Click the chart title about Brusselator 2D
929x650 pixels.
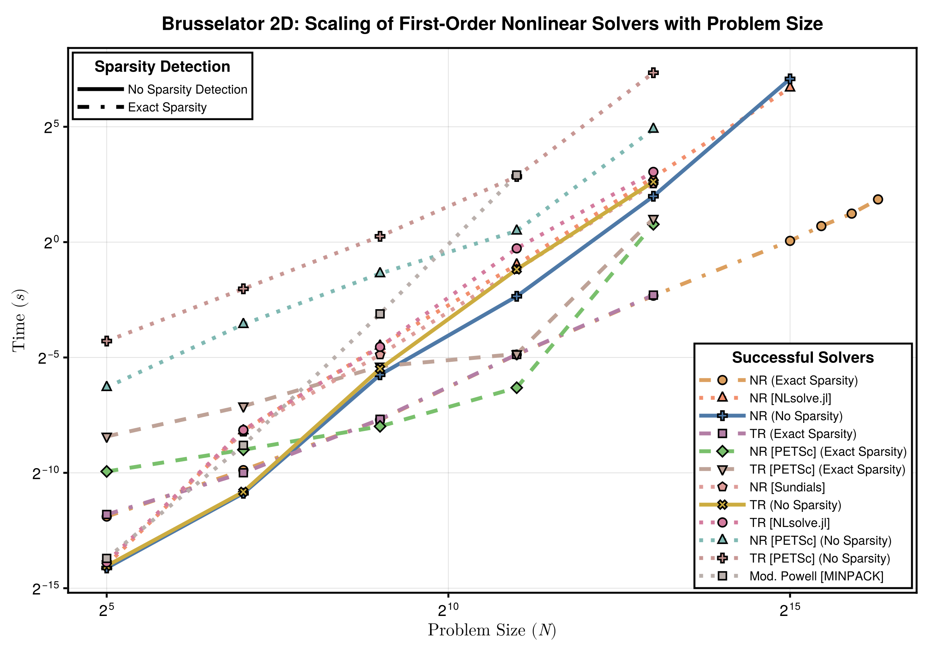point(492,24)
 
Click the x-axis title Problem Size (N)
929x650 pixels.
point(492,630)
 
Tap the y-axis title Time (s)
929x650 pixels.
point(19,320)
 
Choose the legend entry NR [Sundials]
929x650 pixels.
point(787,487)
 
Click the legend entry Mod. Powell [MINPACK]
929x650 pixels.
point(816,576)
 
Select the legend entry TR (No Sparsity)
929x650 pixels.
point(795,505)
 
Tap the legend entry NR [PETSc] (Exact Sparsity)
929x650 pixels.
point(828,452)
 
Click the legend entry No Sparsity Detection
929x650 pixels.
point(187,89)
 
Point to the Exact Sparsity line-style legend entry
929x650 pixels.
point(167,107)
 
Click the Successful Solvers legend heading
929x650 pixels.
point(803,357)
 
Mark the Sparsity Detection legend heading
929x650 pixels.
point(162,67)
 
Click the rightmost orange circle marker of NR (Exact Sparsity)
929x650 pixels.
point(878,199)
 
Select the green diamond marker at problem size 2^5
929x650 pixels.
point(107,472)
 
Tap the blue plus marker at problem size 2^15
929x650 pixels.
point(790,79)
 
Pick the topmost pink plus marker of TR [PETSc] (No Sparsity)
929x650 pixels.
point(653,73)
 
